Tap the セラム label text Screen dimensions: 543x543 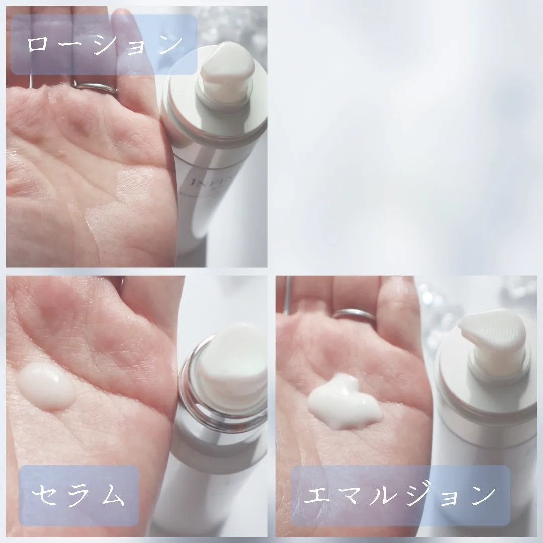click(77, 495)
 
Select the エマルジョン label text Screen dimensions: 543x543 click(400, 495)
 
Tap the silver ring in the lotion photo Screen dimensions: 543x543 click(96, 88)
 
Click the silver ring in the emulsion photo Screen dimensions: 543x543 click(354, 316)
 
